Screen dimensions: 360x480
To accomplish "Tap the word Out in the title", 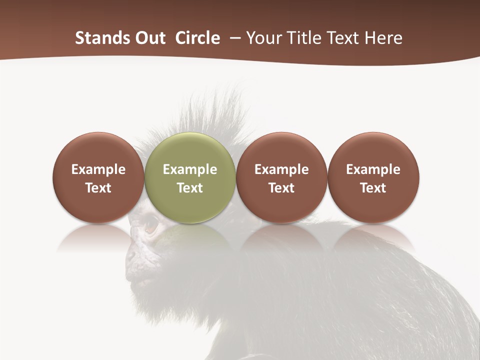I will (149, 38).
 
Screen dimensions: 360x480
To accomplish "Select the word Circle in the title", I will (197, 38).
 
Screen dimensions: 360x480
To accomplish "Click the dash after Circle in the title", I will (232, 38).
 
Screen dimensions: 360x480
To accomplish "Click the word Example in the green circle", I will (190, 169).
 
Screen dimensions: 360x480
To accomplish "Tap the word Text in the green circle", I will (190, 188).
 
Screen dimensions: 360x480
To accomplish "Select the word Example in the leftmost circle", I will (98, 169).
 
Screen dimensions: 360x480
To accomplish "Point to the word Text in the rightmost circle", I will (373, 188).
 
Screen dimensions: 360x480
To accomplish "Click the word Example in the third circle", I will (281, 169).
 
